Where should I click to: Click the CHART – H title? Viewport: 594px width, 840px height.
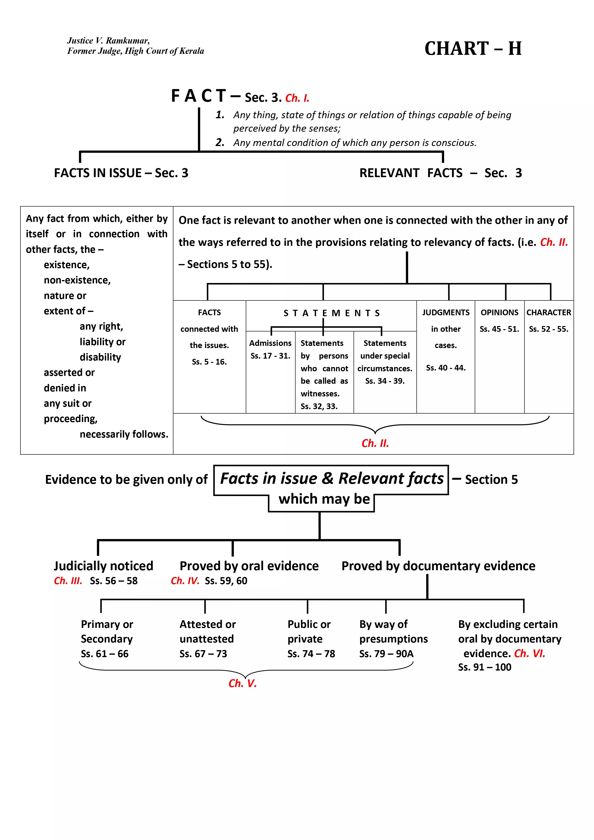tap(473, 49)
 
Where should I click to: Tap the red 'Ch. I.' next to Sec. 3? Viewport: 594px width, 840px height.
tap(297, 98)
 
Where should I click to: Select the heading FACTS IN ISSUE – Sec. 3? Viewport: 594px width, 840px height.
tap(121, 173)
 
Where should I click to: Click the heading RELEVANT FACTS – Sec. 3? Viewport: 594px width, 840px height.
tap(440, 173)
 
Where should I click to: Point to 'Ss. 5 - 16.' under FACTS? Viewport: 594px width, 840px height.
tap(209, 362)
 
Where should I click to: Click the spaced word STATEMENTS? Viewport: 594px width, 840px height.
tap(332, 313)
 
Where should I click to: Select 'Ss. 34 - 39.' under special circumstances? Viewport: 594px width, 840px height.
tap(385, 381)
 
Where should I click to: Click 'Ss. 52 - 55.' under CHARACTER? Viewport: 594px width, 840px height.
tap(548, 329)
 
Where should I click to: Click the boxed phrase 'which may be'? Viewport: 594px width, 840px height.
tap(324, 499)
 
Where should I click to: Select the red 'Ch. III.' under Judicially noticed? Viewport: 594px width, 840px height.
tap(68, 581)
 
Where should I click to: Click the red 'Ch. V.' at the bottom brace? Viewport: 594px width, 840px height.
tap(242, 683)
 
